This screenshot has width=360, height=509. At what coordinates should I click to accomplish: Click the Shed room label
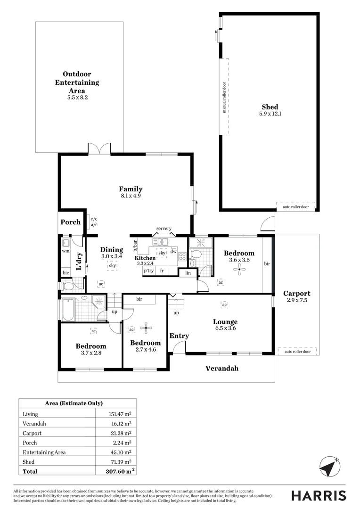270,107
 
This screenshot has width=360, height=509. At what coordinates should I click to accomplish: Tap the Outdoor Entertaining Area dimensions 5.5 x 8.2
77,98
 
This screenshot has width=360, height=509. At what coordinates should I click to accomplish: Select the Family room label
131,189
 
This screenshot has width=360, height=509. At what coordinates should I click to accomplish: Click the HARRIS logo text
318,495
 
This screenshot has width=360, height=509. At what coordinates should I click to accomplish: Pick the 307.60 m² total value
119,471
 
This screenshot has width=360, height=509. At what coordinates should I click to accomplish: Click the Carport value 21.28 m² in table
121,433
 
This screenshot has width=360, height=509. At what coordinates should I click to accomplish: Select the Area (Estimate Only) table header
74,403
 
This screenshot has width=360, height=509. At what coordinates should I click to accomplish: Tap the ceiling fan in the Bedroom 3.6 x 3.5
240,269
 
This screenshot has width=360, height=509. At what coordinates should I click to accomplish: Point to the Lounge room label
225,322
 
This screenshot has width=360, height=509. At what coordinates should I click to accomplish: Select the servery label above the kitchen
164,229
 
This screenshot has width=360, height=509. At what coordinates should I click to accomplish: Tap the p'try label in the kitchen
149,271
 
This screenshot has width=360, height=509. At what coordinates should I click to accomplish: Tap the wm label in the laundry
65,252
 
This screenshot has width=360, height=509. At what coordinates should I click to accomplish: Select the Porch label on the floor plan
71,222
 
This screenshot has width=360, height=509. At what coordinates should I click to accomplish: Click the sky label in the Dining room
112,266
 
